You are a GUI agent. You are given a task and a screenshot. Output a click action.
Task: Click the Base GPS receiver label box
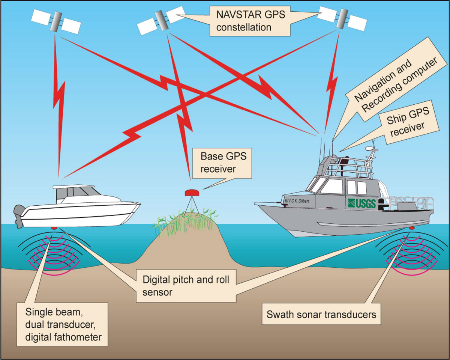(218, 162)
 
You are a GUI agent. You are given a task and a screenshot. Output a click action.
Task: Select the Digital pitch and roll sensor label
(186, 285)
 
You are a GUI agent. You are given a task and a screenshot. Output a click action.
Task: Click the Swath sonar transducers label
(321, 314)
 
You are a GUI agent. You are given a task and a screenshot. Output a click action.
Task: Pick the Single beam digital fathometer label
(63, 324)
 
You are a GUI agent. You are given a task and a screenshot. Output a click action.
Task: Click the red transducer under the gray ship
(412, 228)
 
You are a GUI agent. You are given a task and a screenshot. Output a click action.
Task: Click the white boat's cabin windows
(75, 193)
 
